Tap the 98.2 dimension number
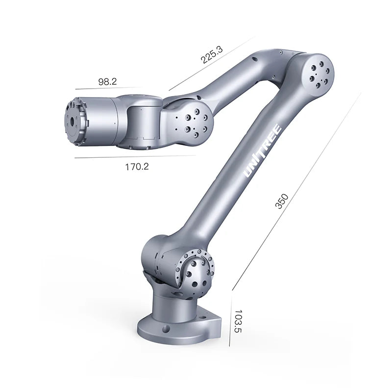[107, 82]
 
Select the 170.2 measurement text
[137, 166]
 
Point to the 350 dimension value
[281, 201]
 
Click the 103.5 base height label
[238, 321]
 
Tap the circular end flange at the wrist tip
[73, 121]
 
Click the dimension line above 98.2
[108, 89]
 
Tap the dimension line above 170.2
[135, 157]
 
